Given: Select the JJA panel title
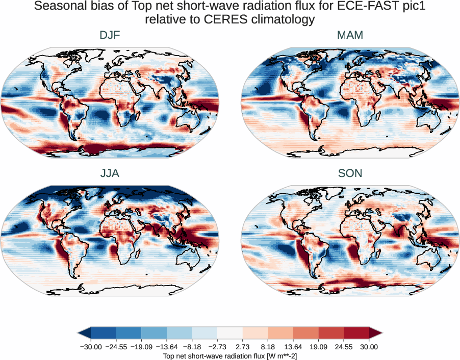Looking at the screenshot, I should [110, 173].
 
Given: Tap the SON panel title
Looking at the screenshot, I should [350, 173].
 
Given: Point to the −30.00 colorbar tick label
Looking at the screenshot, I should [92, 347].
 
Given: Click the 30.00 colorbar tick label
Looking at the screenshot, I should [369, 347].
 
